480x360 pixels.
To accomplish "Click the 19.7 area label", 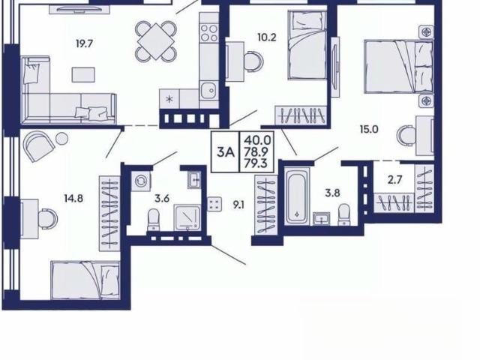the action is [x=84, y=44].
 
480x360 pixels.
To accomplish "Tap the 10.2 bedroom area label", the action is [x=267, y=37].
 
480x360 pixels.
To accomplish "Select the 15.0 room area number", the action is [x=369, y=130].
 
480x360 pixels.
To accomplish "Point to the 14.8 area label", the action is [x=73, y=199].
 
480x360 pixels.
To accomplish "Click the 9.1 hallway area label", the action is [x=238, y=205].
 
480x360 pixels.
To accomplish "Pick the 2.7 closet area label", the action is [x=394, y=180].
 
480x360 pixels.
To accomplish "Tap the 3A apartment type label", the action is [x=225, y=151].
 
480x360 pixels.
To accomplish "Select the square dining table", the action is [x=156, y=42].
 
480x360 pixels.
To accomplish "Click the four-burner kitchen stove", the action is [x=209, y=33].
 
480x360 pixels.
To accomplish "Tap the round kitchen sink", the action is [x=209, y=90].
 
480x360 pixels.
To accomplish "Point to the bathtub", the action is [x=297, y=196].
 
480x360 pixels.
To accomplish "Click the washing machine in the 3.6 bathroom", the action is [x=141, y=181].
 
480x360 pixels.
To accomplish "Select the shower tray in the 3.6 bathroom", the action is [x=187, y=218].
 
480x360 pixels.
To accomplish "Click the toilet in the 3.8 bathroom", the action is [x=344, y=214].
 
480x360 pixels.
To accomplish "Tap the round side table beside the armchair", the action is [x=61, y=138].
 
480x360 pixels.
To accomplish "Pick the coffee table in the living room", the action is [x=83, y=75].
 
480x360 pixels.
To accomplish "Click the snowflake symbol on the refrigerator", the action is [x=169, y=98].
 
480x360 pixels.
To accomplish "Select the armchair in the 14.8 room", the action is [x=39, y=146].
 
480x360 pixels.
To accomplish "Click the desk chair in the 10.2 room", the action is [x=253, y=61].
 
